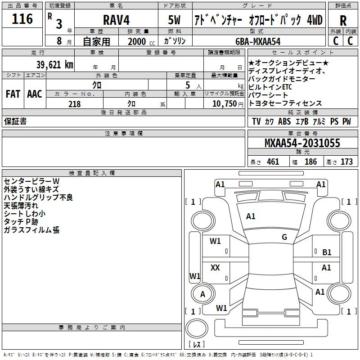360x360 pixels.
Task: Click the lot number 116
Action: pyautogui.click(x=22, y=19)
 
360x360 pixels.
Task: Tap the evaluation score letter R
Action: pyautogui.click(x=343, y=21)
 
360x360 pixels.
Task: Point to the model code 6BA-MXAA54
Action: pyautogui.click(x=258, y=41)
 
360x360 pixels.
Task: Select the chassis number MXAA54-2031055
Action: pyautogui.click(x=302, y=144)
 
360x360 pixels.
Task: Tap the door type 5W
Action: pyautogui.click(x=175, y=20)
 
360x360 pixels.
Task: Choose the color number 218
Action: pyautogui.click(x=75, y=104)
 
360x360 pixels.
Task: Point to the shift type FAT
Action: pyautogui.click(x=13, y=94)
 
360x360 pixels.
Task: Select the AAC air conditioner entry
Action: pyautogui.click(x=35, y=94)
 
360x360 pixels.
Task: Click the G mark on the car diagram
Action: pyautogui.click(x=284, y=237)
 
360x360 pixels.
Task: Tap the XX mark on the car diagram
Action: pyautogui.click(x=215, y=268)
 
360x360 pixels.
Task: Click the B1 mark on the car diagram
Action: pyautogui.click(x=327, y=252)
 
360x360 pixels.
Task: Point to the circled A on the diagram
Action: pyautogui.click(x=202, y=294)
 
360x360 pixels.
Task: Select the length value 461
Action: pyautogui.click(x=273, y=162)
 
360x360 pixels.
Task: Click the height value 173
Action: pyautogui.click(x=346, y=162)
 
